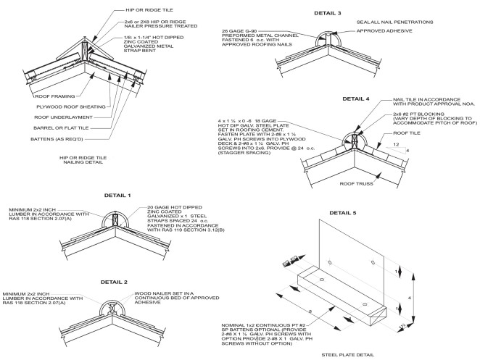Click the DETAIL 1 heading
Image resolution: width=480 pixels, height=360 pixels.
[x=98, y=196]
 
